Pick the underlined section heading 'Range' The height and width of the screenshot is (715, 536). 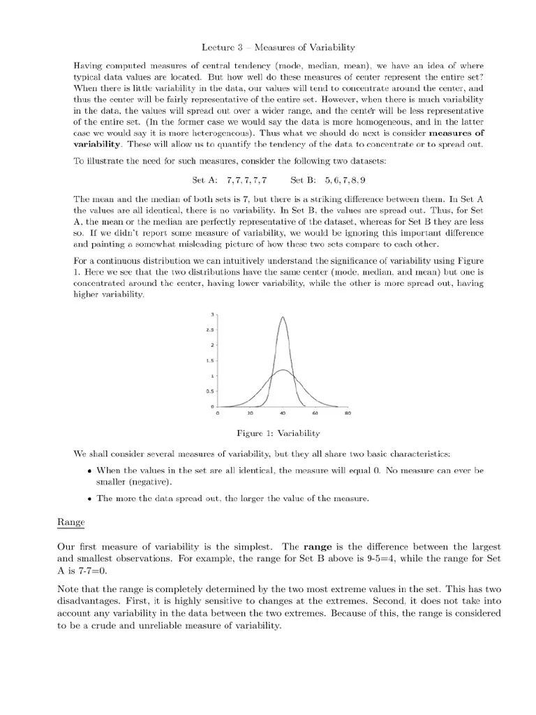coord(66,520)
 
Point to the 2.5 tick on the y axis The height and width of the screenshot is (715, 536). coord(214,330)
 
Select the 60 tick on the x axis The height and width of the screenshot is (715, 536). coord(315,413)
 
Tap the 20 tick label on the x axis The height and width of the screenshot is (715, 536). coord(249,413)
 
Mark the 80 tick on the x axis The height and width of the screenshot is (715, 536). coord(348,413)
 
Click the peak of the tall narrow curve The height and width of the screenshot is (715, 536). coord(282,318)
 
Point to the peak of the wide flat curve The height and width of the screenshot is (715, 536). coord(282,370)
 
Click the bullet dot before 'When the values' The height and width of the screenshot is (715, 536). coord(91,471)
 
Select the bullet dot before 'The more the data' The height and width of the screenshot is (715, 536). coord(91,499)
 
